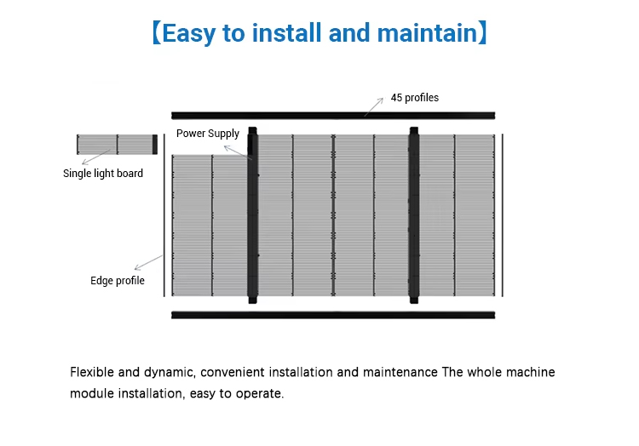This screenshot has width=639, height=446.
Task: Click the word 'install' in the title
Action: pos(279,33)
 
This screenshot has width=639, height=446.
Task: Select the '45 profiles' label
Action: pos(415,98)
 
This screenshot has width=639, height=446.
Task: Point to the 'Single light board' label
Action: pos(103,174)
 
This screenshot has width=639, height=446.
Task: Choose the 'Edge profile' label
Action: pos(118,281)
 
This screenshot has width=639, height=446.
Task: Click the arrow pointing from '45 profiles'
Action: pos(373,106)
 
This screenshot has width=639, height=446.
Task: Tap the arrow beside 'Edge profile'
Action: pos(148,263)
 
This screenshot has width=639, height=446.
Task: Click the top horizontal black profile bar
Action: pos(332,115)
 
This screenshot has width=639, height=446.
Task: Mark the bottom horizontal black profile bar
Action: pos(332,315)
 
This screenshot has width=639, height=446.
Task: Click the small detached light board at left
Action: pos(116,144)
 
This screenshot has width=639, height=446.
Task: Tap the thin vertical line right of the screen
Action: pos(502,214)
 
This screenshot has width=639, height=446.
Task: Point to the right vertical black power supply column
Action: pos(414,214)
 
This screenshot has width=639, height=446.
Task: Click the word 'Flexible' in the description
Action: pos(91,373)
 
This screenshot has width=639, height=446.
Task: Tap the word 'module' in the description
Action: pos(91,394)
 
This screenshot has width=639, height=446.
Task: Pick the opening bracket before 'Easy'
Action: pos(156,34)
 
